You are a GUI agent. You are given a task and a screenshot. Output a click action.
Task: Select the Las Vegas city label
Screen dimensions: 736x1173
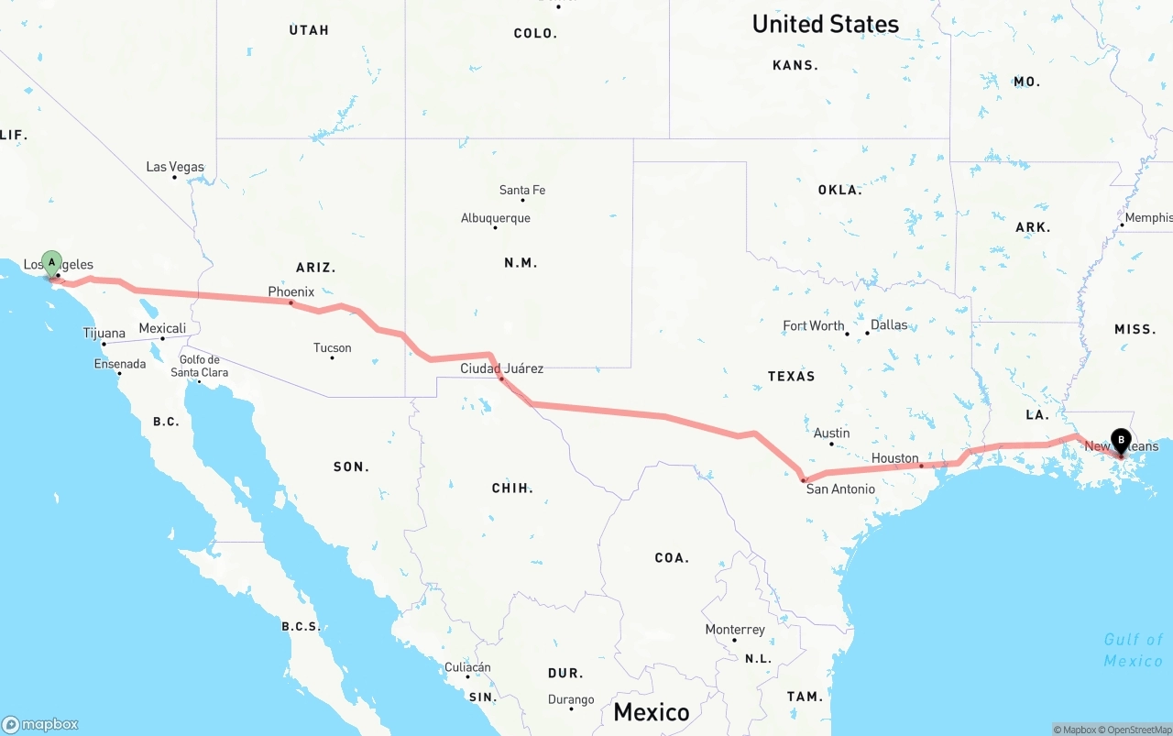(x=175, y=167)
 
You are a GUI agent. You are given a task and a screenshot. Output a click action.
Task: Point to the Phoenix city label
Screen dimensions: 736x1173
(x=291, y=292)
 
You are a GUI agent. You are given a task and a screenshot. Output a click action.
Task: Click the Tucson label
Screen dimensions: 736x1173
(x=332, y=347)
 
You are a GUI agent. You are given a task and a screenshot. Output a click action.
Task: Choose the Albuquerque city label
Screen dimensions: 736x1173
(x=495, y=218)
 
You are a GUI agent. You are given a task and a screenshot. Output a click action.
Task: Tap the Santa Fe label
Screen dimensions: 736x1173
(x=522, y=190)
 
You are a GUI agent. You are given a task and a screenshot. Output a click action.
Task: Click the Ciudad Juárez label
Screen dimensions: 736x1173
(x=501, y=368)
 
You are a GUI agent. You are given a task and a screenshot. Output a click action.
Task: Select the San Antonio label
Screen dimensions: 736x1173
(x=840, y=489)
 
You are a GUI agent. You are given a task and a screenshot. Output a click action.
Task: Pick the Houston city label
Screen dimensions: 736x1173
(x=895, y=458)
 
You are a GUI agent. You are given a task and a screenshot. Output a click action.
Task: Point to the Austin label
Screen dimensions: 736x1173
(x=831, y=433)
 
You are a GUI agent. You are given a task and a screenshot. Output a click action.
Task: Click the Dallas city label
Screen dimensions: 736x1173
(x=889, y=324)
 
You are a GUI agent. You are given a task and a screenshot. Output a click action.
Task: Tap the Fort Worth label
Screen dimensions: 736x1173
(x=814, y=325)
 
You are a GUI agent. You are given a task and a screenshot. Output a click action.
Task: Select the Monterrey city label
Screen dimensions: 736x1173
(x=735, y=630)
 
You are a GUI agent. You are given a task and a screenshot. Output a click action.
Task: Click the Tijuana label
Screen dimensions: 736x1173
(x=104, y=333)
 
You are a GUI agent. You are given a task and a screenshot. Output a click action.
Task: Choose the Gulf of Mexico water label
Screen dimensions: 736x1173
(x=1133, y=650)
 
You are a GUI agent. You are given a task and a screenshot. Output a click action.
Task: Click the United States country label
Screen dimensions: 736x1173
(x=825, y=24)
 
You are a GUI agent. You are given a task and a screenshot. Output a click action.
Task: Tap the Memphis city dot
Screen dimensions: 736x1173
(x=1122, y=225)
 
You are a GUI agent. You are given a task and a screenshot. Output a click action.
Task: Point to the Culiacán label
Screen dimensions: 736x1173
(x=467, y=667)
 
